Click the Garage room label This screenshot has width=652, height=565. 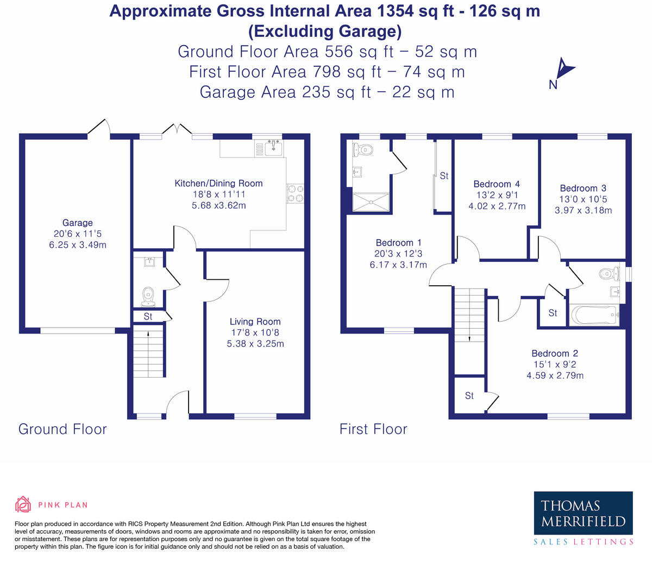click(x=78, y=223)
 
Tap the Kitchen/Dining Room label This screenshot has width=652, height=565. click(x=218, y=183)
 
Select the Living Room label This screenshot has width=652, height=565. click(x=255, y=322)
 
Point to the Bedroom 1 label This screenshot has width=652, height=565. click(x=398, y=243)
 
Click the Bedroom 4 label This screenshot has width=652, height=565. click(x=497, y=184)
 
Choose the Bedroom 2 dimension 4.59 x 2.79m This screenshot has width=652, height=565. click(x=555, y=375)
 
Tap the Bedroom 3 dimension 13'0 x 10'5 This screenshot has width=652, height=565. click(x=583, y=199)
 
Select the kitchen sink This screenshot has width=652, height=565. click(x=273, y=147)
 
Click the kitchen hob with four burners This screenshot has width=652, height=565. click(x=295, y=193)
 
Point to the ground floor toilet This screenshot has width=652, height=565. click(x=148, y=297)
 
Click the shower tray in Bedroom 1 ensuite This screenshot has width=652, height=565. click(x=371, y=202)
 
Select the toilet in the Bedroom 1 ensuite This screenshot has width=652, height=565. click(x=363, y=149)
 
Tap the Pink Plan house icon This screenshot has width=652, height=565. click(x=23, y=504)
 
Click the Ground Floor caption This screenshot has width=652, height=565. click(x=62, y=429)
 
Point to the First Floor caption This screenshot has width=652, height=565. click(x=373, y=429)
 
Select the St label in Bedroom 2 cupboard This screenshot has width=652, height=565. click(x=469, y=395)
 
